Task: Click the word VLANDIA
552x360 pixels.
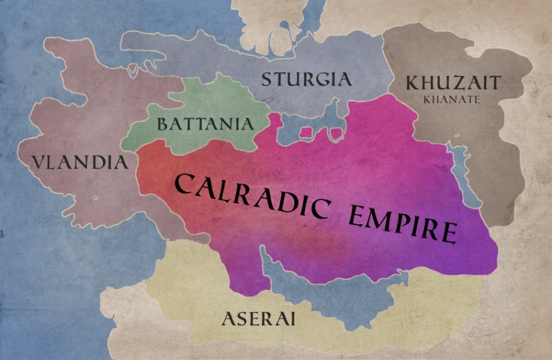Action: [80, 161]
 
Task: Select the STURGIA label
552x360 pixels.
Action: [306, 79]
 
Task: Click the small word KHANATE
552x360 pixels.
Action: [452, 99]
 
